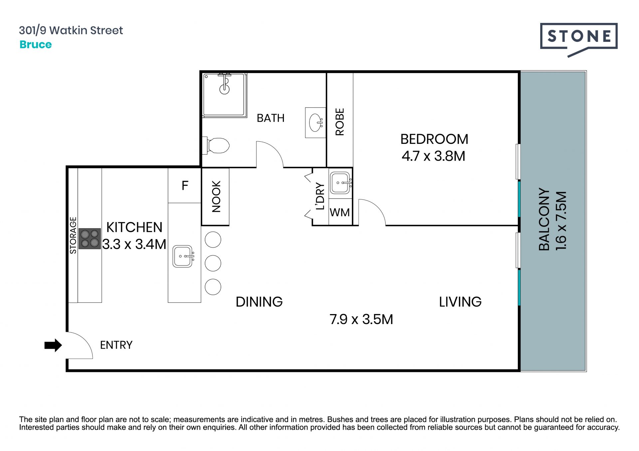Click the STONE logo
pos(579,39)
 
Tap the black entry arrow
pos(53,345)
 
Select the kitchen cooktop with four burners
pos(90,239)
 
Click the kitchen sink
pos(183,256)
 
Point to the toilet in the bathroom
pos(216,146)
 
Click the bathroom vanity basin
pos(316,123)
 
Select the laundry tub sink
pos(340,183)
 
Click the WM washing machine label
pos(340,212)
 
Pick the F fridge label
pos(185,185)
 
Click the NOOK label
pos(216,196)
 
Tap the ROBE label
pos(339,122)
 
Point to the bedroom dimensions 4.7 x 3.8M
pos(433,156)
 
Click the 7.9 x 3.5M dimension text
pos(361,319)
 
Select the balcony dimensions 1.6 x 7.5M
pos(561,221)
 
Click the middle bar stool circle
pos(213,263)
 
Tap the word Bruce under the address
pos(36,45)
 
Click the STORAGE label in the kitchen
pos(73,235)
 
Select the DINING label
pos(259,302)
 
